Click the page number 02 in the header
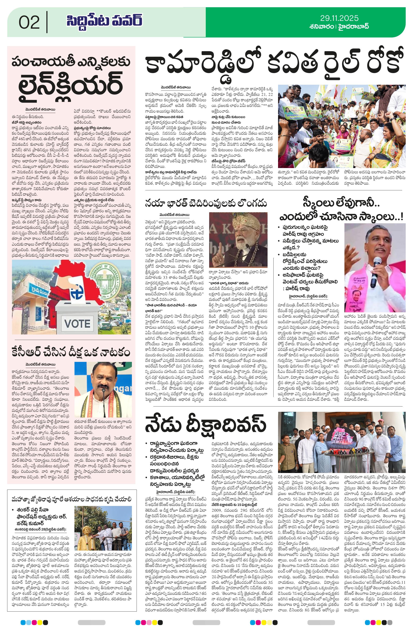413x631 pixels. [x=29, y=22]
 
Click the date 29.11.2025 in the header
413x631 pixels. [x=339, y=18]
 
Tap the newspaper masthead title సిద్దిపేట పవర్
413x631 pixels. [x=104, y=21]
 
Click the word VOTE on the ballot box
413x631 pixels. [x=77, y=323]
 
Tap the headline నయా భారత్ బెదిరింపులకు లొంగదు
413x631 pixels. [x=206, y=204]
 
